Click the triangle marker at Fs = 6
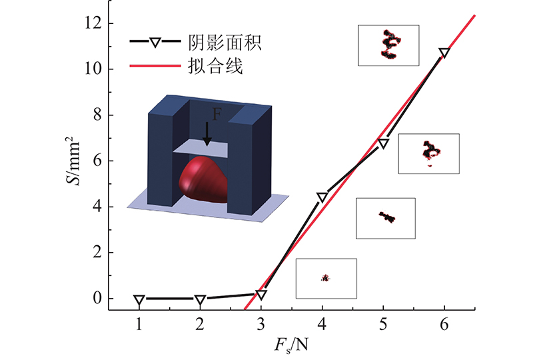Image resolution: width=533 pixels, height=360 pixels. [444, 53]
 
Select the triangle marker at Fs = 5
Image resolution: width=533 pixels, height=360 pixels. [383, 143]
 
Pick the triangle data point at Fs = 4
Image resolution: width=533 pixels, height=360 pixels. [322, 197]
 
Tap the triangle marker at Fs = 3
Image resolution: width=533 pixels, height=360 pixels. [261, 295]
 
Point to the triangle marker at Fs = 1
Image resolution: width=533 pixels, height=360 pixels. [139, 300]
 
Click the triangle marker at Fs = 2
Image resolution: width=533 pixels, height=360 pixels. [200, 300]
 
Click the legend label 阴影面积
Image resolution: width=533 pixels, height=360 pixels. [225, 43]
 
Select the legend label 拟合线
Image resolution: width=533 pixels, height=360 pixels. [215, 66]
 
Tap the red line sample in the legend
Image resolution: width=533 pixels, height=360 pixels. [155, 65]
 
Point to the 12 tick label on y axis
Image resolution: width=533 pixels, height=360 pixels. [93, 23]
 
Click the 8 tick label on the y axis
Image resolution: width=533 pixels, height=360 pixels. [97, 115]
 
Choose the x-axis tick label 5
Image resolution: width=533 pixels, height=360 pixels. [383, 325]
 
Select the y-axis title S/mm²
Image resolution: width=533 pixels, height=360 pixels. [73, 161]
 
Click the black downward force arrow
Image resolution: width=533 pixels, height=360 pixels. [207, 134]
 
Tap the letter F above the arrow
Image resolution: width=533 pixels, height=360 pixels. [217, 114]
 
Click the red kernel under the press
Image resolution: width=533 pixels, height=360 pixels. [203, 179]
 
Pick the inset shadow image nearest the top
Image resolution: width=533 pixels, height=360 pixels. [388, 45]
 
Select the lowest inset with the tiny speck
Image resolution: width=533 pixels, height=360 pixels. [326, 279]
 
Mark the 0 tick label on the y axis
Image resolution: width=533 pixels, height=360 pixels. [97, 299]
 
